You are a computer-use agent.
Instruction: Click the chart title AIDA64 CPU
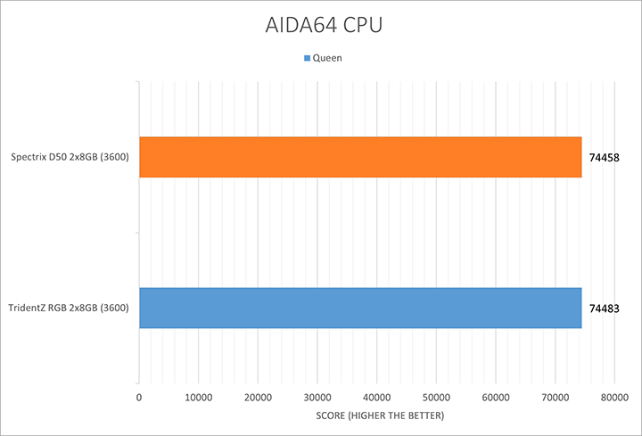coord(321,25)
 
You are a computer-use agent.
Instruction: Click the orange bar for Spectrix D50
coord(360,157)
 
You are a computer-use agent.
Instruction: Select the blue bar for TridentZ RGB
coord(360,308)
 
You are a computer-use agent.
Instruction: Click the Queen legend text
coord(327,58)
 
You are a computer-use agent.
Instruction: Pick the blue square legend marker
coord(308,58)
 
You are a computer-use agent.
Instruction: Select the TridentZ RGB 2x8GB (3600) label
coord(70,308)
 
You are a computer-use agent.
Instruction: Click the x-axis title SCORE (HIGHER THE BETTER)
coord(376,416)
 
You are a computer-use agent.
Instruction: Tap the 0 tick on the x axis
coord(139,397)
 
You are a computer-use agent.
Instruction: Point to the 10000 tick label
coord(198,397)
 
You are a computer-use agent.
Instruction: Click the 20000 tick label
coord(258,397)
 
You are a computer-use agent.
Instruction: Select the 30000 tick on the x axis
coord(317,397)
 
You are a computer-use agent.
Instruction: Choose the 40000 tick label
coord(376,397)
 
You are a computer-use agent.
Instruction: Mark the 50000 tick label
coord(436,397)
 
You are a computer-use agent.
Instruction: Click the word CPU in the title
coord(360,25)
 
